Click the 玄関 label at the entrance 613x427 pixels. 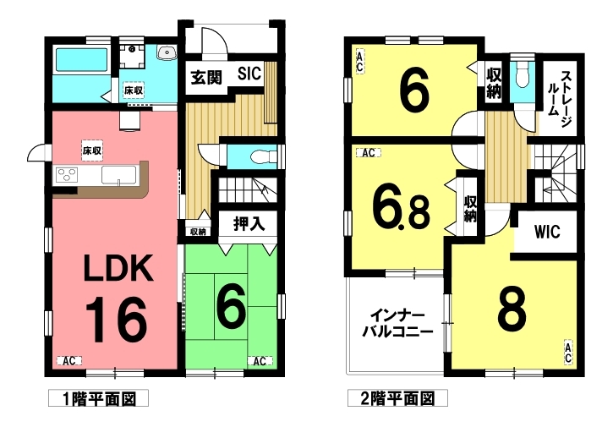tap(206, 78)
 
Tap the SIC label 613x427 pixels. tap(249, 73)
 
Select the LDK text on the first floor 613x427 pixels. tap(118, 268)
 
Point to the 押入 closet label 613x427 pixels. tap(249, 224)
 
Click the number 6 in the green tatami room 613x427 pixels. tap(231, 306)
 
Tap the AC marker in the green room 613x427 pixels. tap(260, 360)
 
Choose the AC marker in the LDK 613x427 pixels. tap(69, 360)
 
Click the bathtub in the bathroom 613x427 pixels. tap(81, 61)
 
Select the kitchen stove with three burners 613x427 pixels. tap(67, 174)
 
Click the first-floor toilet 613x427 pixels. tap(263, 157)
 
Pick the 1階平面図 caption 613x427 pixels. tap(98, 398)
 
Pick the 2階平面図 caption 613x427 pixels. tap(397, 398)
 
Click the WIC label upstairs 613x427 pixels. tap(547, 232)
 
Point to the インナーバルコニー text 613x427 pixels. tap(397, 324)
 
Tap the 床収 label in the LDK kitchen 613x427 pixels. tap(92, 151)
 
